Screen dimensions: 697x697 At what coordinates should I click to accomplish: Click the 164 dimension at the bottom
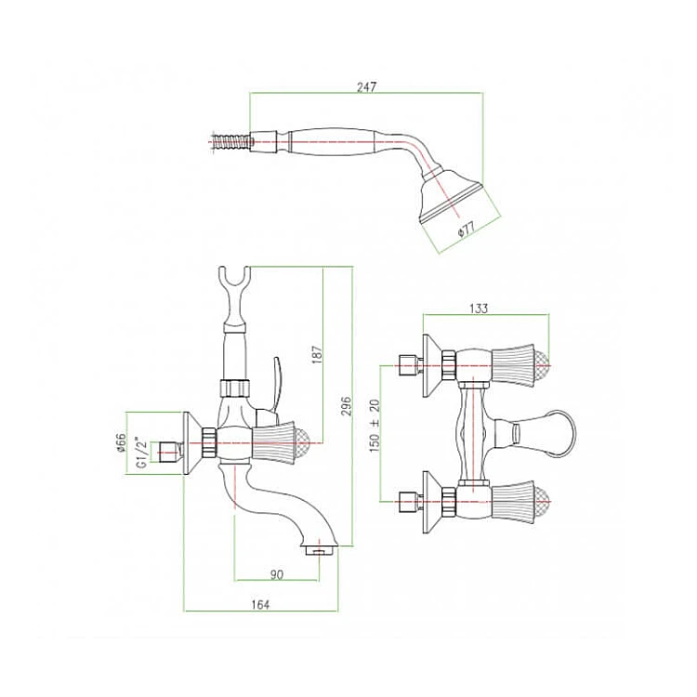pyautogui.click(x=260, y=605)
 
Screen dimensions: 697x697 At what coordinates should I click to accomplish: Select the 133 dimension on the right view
pyautogui.click(x=480, y=309)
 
